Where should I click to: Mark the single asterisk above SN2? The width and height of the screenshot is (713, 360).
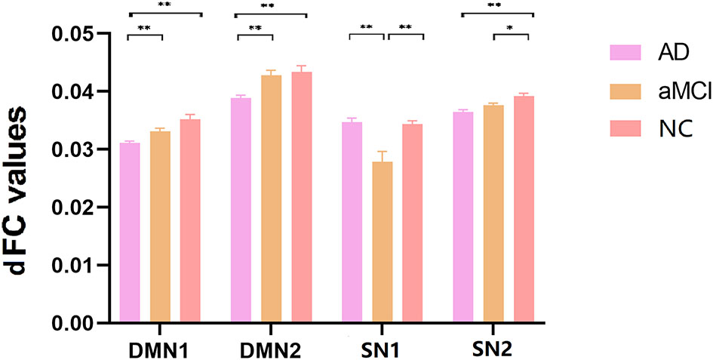tap(511, 28)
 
